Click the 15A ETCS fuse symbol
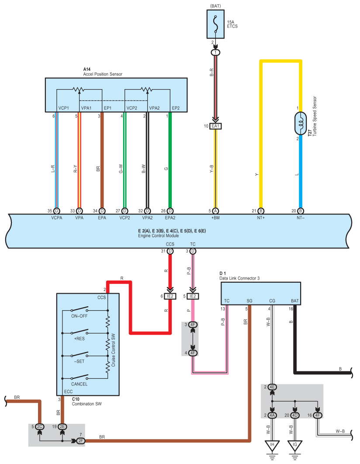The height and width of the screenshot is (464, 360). coord(216,24)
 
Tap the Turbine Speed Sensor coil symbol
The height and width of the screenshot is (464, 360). coord(301,123)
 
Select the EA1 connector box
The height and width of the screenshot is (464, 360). coord(216,126)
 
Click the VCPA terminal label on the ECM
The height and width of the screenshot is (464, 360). coord(57,218)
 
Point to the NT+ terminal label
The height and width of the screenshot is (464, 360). coord(261,218)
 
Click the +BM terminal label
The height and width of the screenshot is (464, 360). coord(216,218)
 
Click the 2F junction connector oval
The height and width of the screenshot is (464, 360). coord(81,440)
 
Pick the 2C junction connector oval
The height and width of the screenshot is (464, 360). coord(40,426)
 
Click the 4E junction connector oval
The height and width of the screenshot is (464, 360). coord(272,387)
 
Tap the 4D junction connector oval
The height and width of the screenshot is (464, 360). coord(295,415)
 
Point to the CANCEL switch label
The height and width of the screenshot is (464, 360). coord(79,384)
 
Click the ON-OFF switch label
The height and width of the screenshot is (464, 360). coord(79,316)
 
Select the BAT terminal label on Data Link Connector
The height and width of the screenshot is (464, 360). coord(295,301)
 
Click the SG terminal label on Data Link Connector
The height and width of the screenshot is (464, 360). coord(249,301)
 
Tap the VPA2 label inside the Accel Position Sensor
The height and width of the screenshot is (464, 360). coord(154,108)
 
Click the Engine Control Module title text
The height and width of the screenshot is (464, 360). coord(159,236)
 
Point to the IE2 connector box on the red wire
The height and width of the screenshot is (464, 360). coord(170,296)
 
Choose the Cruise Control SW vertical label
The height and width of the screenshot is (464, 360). coord(113,350)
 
